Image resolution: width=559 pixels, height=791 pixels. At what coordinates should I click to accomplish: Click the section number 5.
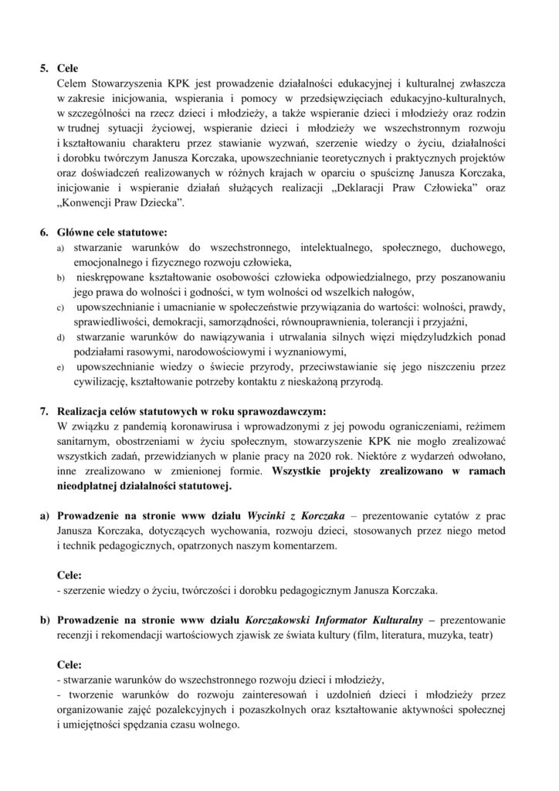pos(44,67)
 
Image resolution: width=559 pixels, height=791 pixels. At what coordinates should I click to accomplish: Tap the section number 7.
pos(44,408)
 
